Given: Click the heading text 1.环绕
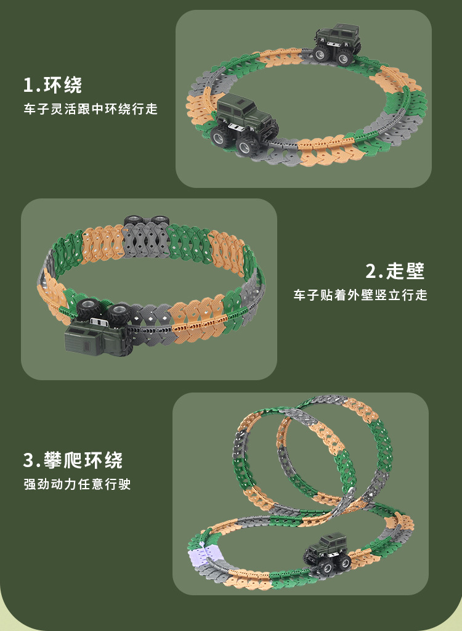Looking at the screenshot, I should point(52,84).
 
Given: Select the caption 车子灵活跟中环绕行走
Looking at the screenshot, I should point(91,109).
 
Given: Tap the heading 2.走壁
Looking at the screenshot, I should point(395,271).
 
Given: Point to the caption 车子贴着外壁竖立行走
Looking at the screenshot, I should point(360,295).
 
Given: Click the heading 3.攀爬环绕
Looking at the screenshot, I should point(73,460).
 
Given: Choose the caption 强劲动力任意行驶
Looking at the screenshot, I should point(77,484).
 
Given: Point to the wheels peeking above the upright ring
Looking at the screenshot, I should point(146,220).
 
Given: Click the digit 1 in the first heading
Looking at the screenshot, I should point(27,84).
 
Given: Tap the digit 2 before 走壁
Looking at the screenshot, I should point(371,271).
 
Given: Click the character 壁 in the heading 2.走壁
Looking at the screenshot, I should point(414,271).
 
